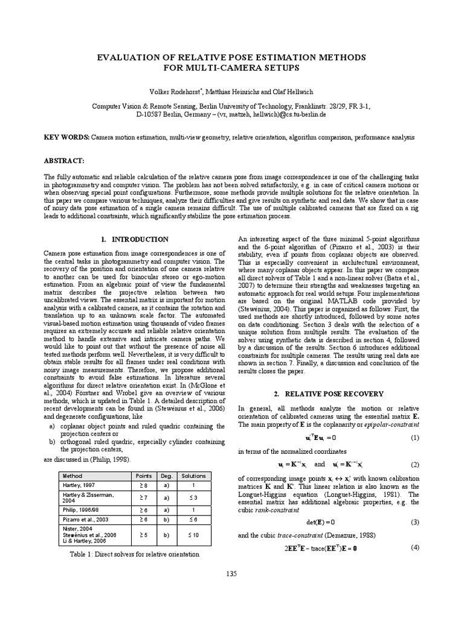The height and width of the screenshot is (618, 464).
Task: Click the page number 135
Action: [232, 573]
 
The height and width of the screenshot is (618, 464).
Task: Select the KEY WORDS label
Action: [66, 138]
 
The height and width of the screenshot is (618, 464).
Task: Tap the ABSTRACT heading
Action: [66, 161]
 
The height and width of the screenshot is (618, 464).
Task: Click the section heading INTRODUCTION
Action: [137, 240]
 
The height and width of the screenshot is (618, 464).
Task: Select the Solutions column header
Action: [193, 476]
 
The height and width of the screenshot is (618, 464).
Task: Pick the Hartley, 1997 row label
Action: [76, 485]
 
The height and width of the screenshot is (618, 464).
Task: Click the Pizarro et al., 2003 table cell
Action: [86, 518]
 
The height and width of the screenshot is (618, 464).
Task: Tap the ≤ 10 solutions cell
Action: [193, 535]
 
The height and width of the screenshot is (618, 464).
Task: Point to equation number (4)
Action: [415, 547]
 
